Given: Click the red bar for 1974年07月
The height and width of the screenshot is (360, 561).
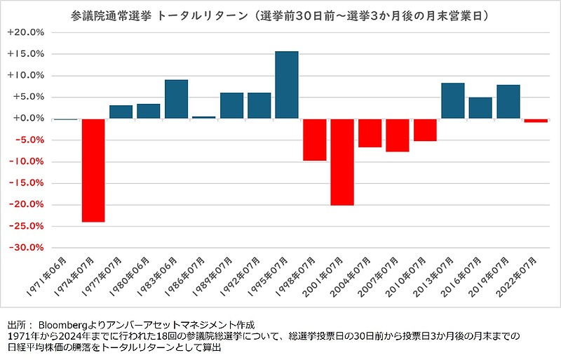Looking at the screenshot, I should [93, 171].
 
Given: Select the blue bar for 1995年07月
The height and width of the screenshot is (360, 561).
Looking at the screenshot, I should [287, 85].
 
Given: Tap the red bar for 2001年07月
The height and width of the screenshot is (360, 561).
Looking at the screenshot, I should [342, 162].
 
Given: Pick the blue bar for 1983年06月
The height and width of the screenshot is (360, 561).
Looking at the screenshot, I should [176, 99].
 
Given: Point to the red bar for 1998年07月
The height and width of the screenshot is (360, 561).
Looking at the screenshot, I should [314, 140].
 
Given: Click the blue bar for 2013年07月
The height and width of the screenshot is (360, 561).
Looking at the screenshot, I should [453, 101].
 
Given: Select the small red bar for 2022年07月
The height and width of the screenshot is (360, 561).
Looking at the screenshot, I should [536, 121].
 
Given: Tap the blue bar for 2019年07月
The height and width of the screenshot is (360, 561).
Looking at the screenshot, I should [508, 102].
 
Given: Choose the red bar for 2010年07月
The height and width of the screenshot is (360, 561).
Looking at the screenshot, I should [425, 130].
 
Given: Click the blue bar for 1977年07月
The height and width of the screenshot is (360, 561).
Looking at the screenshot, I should [121, 112].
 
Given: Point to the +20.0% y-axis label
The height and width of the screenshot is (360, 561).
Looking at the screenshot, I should [26, 32].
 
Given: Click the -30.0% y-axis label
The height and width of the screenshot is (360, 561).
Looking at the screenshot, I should [26, 248].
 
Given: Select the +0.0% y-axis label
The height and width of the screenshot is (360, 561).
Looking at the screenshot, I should [28, 119].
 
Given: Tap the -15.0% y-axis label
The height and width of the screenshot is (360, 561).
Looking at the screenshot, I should [26, 183].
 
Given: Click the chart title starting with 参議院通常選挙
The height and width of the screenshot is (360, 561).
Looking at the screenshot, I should [280, 14].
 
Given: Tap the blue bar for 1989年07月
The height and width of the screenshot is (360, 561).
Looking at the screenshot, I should [231, 105].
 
